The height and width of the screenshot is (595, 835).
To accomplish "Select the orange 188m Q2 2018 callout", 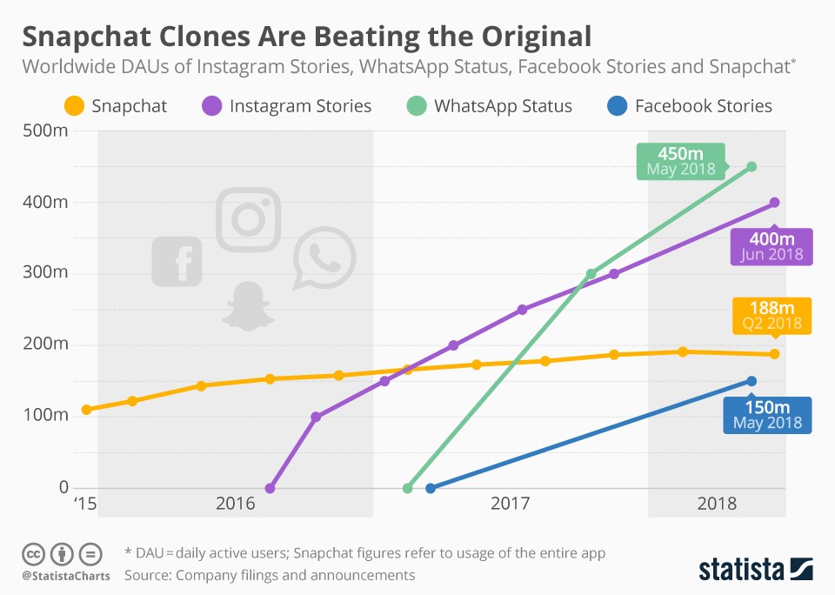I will [772, 316].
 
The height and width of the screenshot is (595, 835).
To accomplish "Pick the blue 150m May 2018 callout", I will [767, 416].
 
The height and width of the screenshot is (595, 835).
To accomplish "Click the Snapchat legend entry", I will [115, 106].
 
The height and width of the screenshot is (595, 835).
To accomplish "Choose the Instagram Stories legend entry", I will [287, 106].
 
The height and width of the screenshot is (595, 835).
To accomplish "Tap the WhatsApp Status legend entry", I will [491, 106].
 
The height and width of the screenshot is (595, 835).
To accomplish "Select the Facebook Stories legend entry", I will [688, 106].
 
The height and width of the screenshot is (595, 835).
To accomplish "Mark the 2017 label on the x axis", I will [511, 504].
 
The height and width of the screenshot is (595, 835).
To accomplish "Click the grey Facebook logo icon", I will [177, 261].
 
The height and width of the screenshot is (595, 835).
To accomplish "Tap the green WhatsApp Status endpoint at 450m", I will [751, 166].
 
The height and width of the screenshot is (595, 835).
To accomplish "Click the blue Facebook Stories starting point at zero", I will [431, 488].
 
